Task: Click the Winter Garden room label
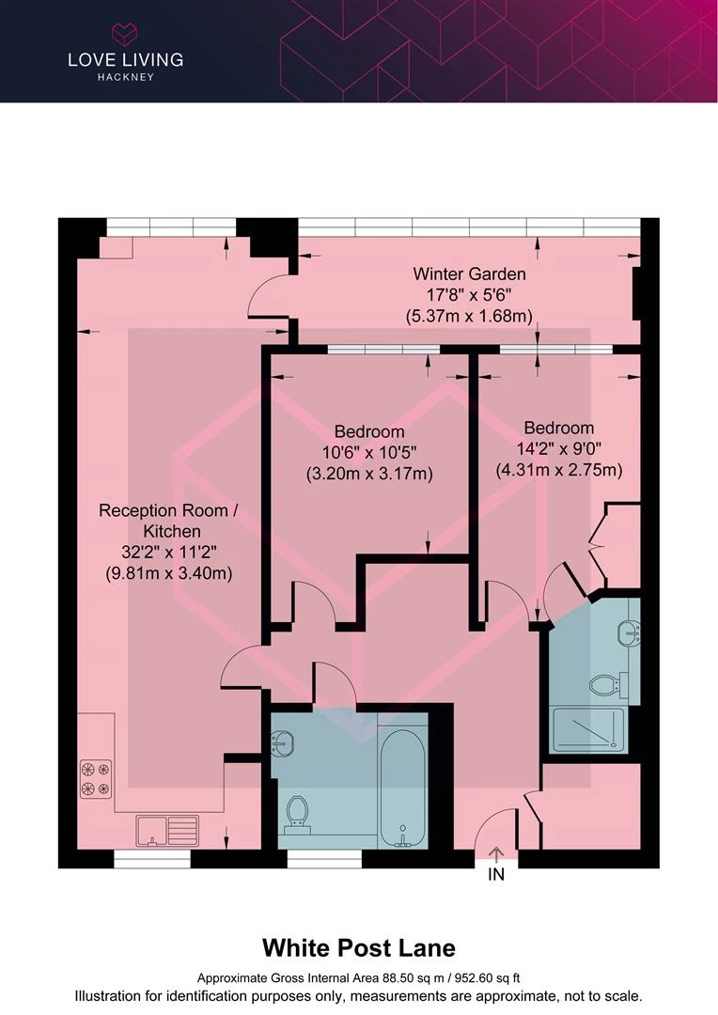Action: (469, 273)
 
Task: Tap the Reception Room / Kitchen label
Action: (168, 521)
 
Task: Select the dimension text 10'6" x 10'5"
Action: (369, 452)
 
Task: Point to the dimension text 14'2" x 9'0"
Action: (559, 448)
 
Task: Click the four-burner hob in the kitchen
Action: (96, 778)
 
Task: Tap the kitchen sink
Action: (167, 831)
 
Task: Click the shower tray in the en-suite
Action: (588, 729)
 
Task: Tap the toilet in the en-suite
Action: (609, 684)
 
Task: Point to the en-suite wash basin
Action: (629, 632)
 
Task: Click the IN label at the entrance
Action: (496, 875)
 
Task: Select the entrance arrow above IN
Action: (496, 854)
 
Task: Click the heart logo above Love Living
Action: (125, 34)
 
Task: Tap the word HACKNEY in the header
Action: (126, 77)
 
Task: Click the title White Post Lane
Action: (359, 948)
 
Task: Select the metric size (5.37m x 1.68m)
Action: (469, 317)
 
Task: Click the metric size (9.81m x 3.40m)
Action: (168, 573)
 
